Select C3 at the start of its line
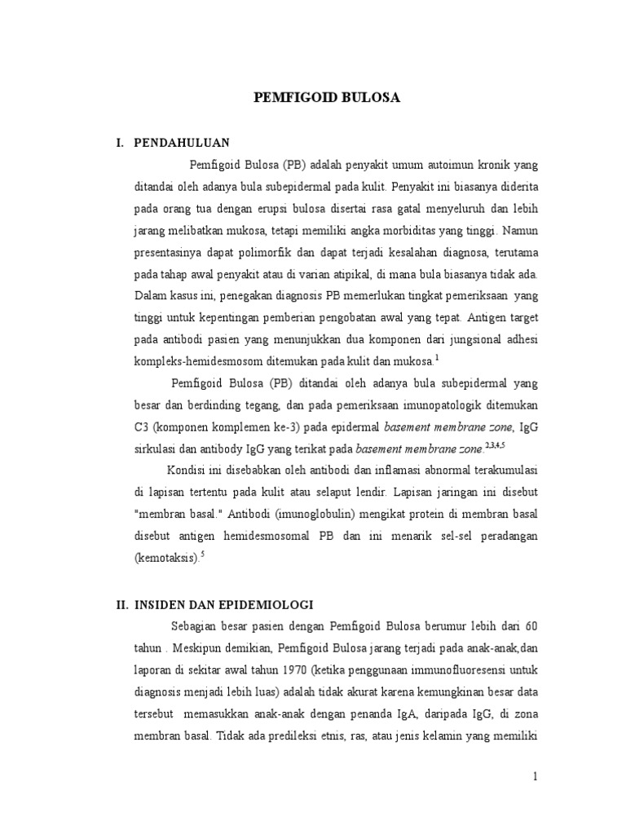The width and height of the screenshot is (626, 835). click(142, 426)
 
